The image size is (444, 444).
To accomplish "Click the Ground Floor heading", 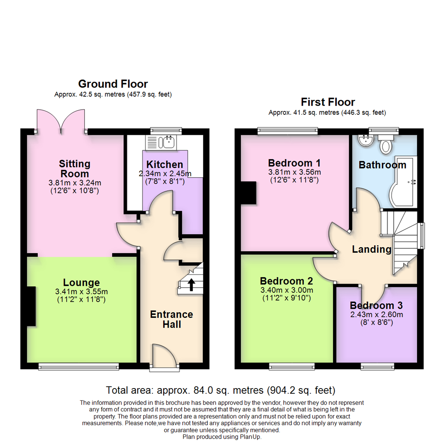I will tap(113, 84).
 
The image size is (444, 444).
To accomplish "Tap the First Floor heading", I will tap(328, 102).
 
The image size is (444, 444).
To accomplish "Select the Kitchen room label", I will tap(164, 165).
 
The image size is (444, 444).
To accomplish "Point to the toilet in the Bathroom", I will tap(386, 144).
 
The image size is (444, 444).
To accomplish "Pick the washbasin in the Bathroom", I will tap(365, 140).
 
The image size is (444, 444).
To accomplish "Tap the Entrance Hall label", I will tap(171, 319).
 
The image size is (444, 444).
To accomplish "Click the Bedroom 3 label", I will tap(376, 306).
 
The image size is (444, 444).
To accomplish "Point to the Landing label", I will tap(372, 249).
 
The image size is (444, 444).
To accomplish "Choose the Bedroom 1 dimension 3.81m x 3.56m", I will tap(294, 172).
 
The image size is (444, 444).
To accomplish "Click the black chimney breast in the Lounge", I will tap(32, 307).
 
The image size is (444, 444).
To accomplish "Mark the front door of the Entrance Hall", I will tap(164, 356).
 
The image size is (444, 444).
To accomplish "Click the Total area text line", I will tap(221, 390).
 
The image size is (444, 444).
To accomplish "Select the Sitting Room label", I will tap(74, 169).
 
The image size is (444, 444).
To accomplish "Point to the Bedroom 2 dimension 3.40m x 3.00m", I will tap(287, 290).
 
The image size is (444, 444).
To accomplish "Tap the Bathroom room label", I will tap(382, 165).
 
